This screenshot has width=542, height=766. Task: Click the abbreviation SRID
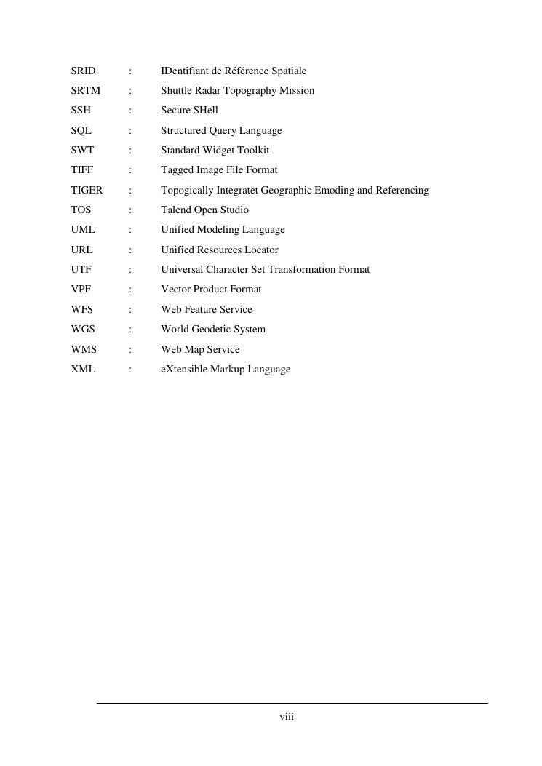click(83, 71)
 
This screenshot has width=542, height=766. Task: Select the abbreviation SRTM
click(85, 91)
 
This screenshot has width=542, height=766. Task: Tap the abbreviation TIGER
click(87, 191)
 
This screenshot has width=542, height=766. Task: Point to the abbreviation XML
click(83, 370)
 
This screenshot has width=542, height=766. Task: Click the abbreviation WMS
click(84, 350)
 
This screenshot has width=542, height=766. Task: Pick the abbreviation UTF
click(81, 270)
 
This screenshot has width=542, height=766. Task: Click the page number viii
click(287, 718)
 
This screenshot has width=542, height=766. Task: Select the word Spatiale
click(289, 71)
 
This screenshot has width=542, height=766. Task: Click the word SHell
click(206, 111)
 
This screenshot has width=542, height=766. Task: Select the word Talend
click(175, 210)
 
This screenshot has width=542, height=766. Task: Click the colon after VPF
click(130, 290)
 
